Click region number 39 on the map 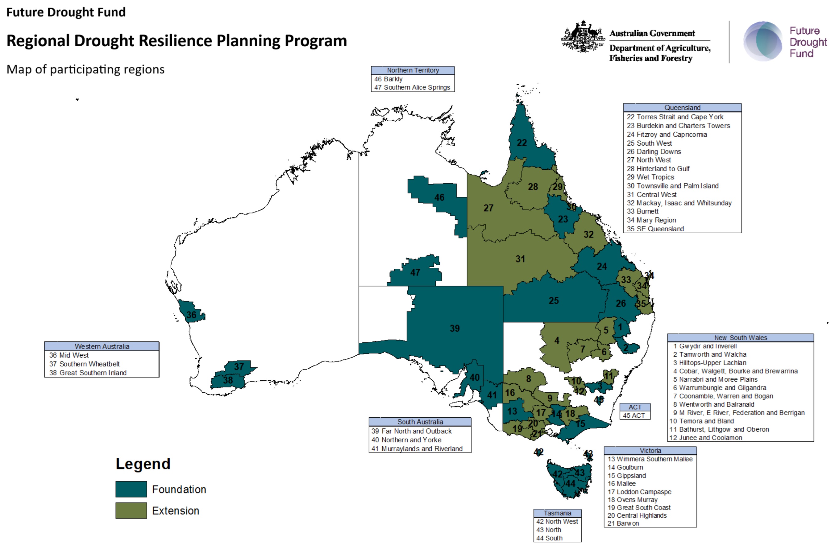coord(455,328)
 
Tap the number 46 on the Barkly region coord(439,197)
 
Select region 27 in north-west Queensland coord(488,208)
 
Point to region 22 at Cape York coord(522,143)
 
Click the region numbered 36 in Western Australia coord(191,315)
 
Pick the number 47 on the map coord(415,272)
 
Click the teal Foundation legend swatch coord(131,489)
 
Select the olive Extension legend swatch coord(131,511)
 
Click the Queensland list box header coord(682,107)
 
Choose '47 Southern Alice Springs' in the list coord(412,87)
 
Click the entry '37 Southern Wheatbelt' coord(85,364)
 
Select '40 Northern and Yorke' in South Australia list coord(406,440)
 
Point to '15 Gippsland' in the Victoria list coord(626,476)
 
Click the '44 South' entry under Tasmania coord(549,538)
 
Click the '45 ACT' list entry coord(634,415)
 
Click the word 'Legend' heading coord(143,464)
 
